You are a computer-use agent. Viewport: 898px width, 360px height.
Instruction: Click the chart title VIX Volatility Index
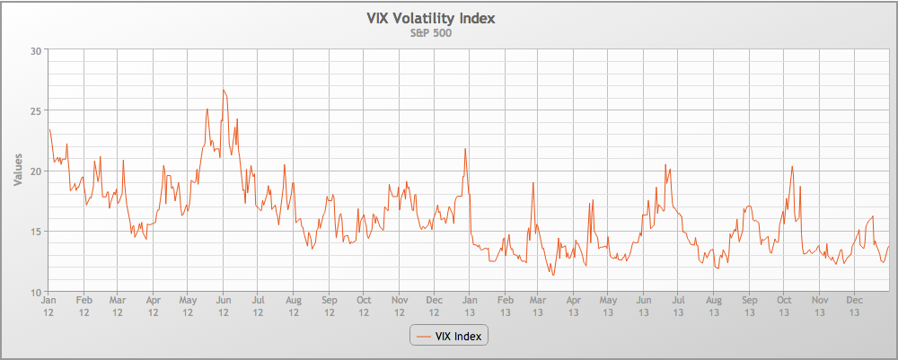430,18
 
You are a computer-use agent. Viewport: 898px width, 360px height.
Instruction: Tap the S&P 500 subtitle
430,33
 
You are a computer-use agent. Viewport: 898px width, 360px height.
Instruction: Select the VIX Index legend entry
448,336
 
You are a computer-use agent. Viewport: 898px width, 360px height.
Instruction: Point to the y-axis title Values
18,170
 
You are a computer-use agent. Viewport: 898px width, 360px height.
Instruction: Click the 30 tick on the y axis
37,50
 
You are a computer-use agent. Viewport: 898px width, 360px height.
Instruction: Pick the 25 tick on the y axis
37,110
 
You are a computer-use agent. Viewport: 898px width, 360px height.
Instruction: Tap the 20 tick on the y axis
37,171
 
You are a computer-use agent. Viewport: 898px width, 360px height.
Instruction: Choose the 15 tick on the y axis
37,232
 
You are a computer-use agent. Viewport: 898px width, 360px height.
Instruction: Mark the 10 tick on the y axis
37,292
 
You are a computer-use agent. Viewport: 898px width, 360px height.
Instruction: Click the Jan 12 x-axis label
48,307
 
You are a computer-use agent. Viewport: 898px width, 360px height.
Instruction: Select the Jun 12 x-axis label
224,307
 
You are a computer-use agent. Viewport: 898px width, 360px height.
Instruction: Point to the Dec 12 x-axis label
434,307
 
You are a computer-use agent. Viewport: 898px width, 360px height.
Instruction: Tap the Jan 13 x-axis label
469,307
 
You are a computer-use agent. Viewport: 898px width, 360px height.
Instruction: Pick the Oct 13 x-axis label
784,307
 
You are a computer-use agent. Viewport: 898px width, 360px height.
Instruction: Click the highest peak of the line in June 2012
224,90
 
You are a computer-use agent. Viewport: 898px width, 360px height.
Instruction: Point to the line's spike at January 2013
465,149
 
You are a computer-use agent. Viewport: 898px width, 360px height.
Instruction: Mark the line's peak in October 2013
792,166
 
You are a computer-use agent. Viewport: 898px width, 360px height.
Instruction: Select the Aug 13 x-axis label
714,307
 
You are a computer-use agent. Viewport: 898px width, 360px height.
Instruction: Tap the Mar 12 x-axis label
118,307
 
